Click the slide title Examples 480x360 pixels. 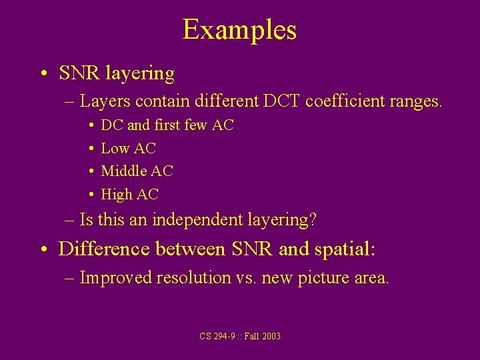tap(239, 30)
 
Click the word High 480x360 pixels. tap(116, 195)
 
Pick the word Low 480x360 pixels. tap(115, 149)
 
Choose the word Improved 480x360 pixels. tap(115, 277)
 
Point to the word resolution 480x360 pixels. tap(191, 277)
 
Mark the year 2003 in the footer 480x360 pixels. tap(271, 336)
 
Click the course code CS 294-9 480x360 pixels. tap(216, 336)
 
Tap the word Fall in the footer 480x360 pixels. tap(251, 336)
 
